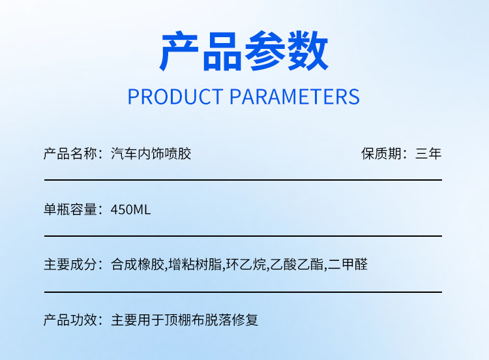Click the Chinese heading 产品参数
244,52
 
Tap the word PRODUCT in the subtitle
175,97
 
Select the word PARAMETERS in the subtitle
295,97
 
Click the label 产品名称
70,154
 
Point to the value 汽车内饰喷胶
151,154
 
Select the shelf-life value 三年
428,154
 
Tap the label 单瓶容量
70,209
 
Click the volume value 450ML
131,209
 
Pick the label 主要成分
70,265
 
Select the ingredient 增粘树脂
195,265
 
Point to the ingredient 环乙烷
246,265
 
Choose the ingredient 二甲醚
348,265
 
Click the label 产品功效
70,320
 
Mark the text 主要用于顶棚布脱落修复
185,320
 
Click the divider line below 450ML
243,235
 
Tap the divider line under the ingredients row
243,292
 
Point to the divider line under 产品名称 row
243,179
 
